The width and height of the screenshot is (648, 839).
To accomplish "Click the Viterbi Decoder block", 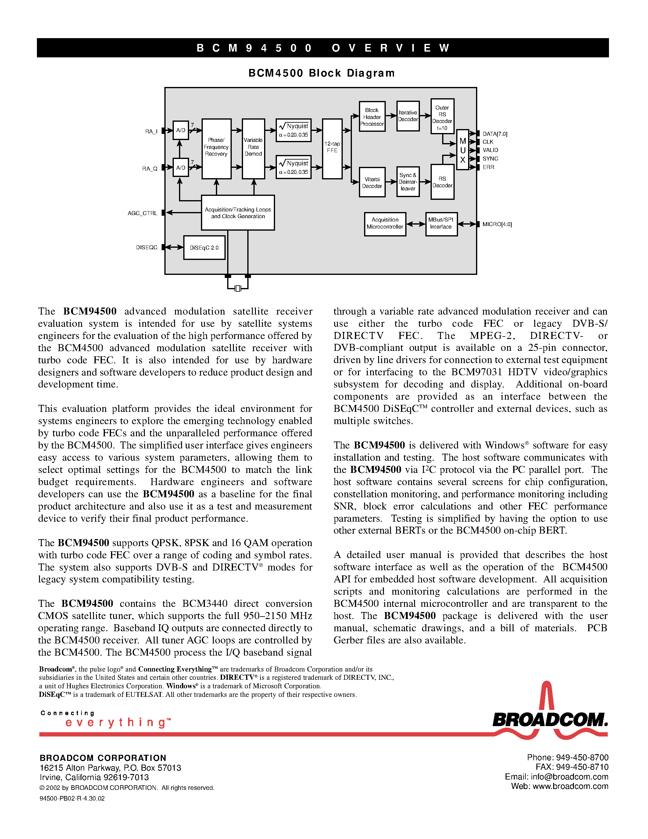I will point(372,182).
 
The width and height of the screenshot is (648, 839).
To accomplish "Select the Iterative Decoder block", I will point(408,116).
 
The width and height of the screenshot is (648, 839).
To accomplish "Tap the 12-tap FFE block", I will point(332,149).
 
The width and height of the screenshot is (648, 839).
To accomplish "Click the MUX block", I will point(463,150).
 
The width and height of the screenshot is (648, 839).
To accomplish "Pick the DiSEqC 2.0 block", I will point(204,248).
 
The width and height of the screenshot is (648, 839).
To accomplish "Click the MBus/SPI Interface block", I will point(441,224).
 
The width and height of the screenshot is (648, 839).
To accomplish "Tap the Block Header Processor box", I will point(372,117).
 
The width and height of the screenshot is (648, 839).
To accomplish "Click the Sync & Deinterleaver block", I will point(408,182).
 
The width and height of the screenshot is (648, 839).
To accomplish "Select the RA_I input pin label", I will point(151,131).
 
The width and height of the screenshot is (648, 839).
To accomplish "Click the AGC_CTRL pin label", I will point(142,213).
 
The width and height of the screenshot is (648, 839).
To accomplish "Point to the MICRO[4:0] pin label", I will point(497,224).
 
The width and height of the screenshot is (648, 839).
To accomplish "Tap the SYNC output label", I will point(490,159).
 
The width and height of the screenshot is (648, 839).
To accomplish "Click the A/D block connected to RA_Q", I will point(181,167).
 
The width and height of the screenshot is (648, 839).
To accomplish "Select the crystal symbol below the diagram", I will point(238,288).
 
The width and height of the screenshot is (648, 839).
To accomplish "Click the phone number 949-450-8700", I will point(582,758).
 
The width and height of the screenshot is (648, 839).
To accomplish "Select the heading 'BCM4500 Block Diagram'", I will point(321,73).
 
